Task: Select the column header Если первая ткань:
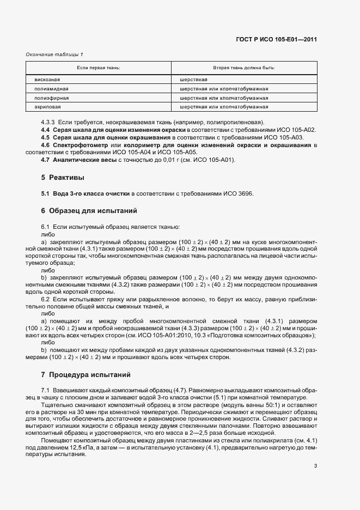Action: click(x=98, y=68)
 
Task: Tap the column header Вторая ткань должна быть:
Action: click(x=243, y=68)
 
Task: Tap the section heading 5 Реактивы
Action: click(x=62, y=177)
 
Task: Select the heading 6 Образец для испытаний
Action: click(x=89, y=210)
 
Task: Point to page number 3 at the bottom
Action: click(x=315, y=465)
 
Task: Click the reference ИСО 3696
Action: click(x=241, y=193)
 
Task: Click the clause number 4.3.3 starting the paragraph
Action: click(x=48, y=122)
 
